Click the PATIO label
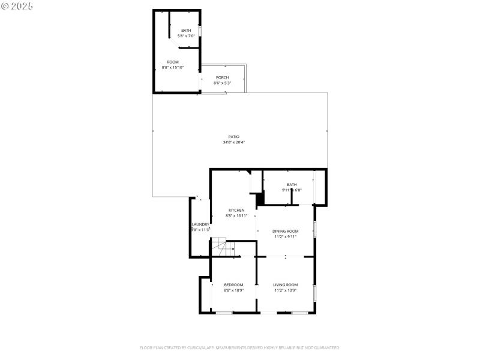[233, 137]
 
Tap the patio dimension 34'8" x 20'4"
[233, 142]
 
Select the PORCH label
[223, 77]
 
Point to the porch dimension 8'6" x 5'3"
[223, 83]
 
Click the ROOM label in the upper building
[173, 62]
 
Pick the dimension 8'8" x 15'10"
[173, 68]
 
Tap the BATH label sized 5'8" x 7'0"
[186, 31]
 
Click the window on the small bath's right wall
[200, 31]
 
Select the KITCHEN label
[236, 210]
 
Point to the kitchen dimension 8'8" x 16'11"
[236, 215]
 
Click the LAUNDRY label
[200, 224]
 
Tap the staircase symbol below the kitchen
[218, 246]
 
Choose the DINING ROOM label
[285, 231]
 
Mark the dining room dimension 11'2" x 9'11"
[285, 236]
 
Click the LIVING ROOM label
[286, 284]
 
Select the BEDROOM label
[233, 284]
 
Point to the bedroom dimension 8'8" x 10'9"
[233, 290]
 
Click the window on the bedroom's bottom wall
[224, 313]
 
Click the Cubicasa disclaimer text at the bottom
[240, 347]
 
